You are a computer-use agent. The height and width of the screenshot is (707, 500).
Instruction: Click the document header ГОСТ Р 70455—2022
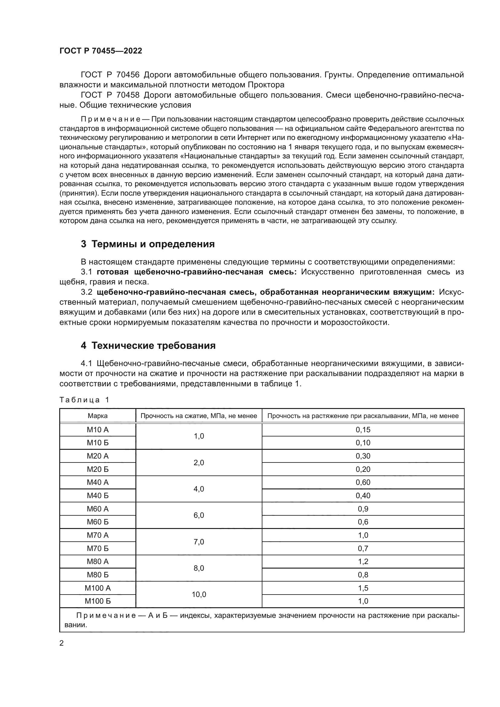pyautogui.click(x=101, y=51)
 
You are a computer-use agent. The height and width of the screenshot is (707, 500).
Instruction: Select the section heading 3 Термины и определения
pyautogui.click(x=148, y=244)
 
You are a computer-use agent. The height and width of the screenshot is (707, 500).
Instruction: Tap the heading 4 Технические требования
pyautogui.click(x=148, y=345)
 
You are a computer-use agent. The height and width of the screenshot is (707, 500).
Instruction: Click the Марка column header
pyautogui.click(x=98, y=416)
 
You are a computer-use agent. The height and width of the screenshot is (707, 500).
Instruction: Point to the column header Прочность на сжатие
pyautogui.click(x=199, y=416)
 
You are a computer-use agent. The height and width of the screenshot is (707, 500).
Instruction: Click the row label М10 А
pyautogui.click(x=98, y=430)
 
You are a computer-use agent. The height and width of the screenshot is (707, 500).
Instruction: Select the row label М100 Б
pyautogui.click(x=98, y=601)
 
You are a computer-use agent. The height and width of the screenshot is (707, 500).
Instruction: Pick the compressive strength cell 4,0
pyautogui.click(x=199, y=489)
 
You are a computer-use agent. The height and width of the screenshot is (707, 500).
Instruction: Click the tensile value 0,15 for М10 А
pyautogui.click(x=363, y=430)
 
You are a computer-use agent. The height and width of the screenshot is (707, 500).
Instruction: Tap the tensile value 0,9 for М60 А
pyautogui.click(x=363, y=509)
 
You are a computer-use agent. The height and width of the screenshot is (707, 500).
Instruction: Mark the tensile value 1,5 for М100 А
pyautogui.click(x=363, y=588)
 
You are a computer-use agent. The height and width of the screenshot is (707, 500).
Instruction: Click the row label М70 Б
pyautogui.click(x=98, y=548)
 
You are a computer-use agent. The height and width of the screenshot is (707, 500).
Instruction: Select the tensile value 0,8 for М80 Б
pyautogui.click(x=363, y=575)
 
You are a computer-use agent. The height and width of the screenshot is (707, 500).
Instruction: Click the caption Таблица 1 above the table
pyautogui.click(x=84, y=400)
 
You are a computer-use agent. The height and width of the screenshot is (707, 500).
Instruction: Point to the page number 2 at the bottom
pyautogui.click(x=62, y=643)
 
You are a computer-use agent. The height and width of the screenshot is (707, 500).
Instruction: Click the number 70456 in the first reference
pyautogui.click(x=128, y=75)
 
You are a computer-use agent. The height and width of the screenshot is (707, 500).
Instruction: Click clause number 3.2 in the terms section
pyautogui.click(x=86, y=292)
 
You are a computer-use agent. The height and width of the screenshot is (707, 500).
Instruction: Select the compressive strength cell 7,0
pyautogui.click(x=199, y=542)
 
